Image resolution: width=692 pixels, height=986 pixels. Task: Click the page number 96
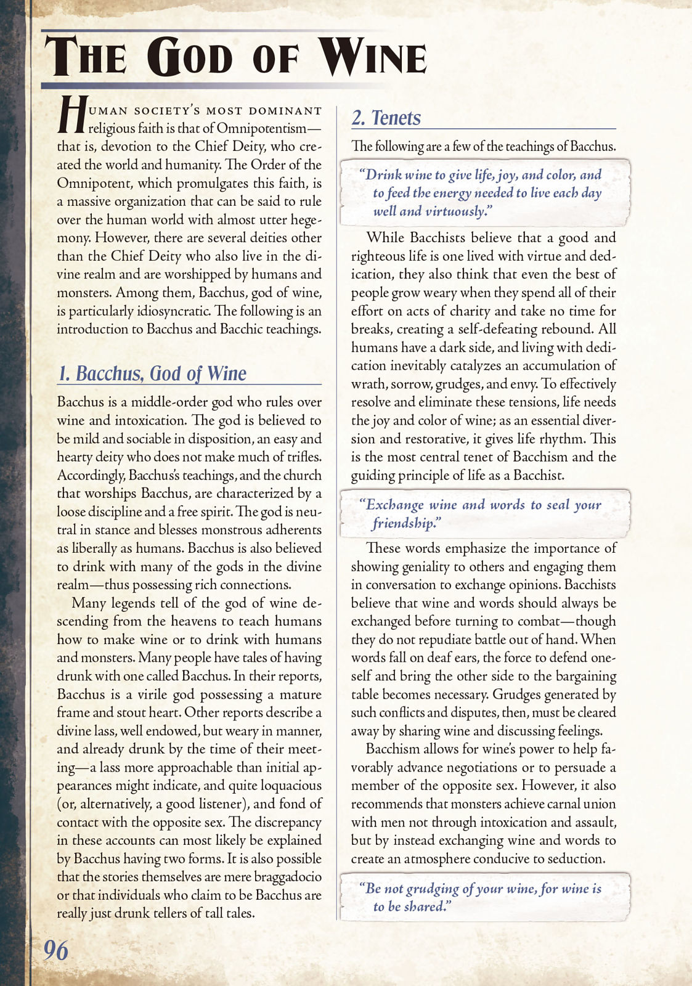pyautogui.click(x=55, y=951)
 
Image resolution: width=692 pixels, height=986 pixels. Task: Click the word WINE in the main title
pyautogui.click(x=373, y=57)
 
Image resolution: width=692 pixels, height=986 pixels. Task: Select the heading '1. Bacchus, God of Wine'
pyautogui.click(x=152, y=373)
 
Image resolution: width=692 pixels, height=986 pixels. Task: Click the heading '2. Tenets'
pyautogui.click(x=386, y=118)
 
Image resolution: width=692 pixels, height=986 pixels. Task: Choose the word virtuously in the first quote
pyautogui.click(x=455, y=211)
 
